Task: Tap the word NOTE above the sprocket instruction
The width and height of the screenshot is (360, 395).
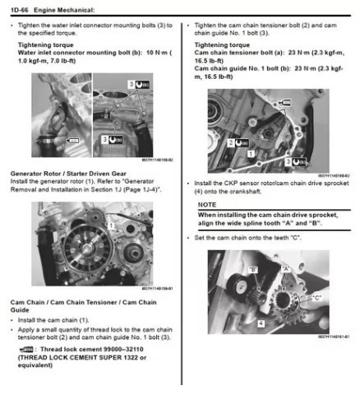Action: pos(208,203)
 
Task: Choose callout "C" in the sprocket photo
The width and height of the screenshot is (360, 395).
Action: pos(316,297)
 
